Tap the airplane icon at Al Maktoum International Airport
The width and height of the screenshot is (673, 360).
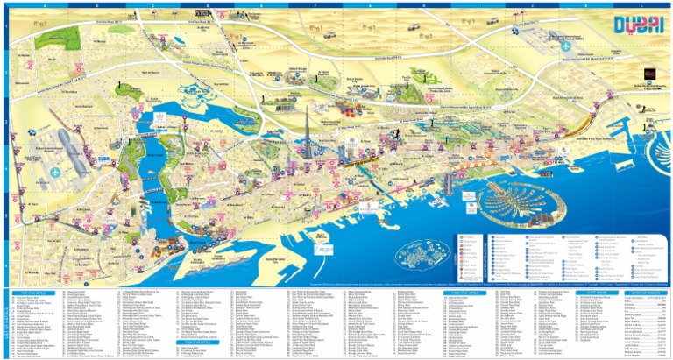click(556, 39)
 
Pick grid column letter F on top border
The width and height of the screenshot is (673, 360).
click(314, 5)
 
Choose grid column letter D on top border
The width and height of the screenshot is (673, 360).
click(205, 5)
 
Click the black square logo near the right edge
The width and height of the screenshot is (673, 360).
click(649, 86)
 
